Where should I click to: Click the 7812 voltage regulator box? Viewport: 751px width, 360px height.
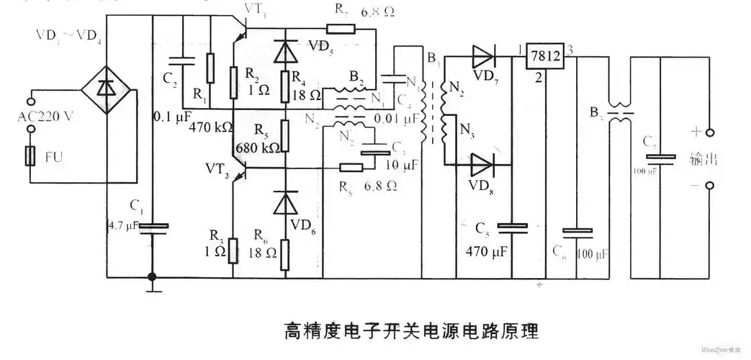point(543,58)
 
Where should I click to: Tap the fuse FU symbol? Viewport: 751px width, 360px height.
point(30,155)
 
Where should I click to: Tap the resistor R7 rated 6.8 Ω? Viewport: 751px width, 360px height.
point(340,30)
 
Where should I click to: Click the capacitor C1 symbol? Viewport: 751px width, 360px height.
point(152,227)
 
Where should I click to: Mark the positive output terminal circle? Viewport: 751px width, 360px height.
point(709,132)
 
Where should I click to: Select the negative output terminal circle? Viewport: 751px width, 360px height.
point(709,186)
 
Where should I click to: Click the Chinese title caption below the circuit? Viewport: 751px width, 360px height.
point(410,331)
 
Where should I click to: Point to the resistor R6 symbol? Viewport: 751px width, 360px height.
point(285,253)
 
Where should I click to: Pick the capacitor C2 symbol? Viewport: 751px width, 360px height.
point(184,61)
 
